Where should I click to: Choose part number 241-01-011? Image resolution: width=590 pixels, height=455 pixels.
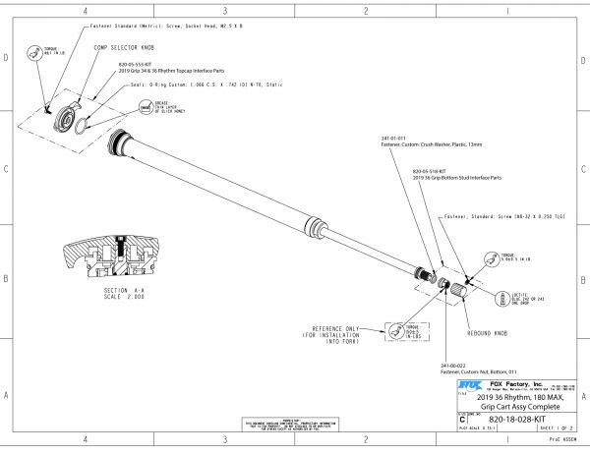(391, 138)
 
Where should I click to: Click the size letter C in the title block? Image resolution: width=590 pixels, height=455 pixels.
(462, 419)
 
